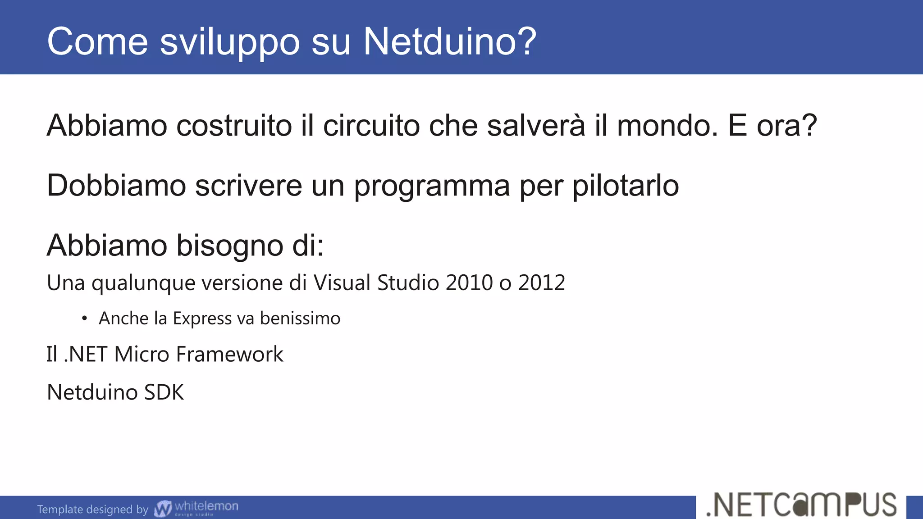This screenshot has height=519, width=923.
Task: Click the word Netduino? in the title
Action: point(450,41)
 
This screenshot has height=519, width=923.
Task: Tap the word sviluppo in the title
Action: point(230,42)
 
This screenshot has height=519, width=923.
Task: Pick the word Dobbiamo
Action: point(116,186)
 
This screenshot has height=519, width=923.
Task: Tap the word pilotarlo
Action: point(626,186)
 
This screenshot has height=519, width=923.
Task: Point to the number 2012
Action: point(541,283)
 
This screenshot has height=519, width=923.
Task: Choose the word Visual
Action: point(343,283)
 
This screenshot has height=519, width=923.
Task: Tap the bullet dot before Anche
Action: point(84,319)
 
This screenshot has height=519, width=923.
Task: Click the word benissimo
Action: point(300,319)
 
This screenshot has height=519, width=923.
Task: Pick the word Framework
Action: point(229,354)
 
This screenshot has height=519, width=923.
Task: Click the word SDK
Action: point(164,392)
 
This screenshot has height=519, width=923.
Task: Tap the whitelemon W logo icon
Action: point(163,509)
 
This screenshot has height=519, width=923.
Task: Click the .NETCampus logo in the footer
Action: point(801,505)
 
